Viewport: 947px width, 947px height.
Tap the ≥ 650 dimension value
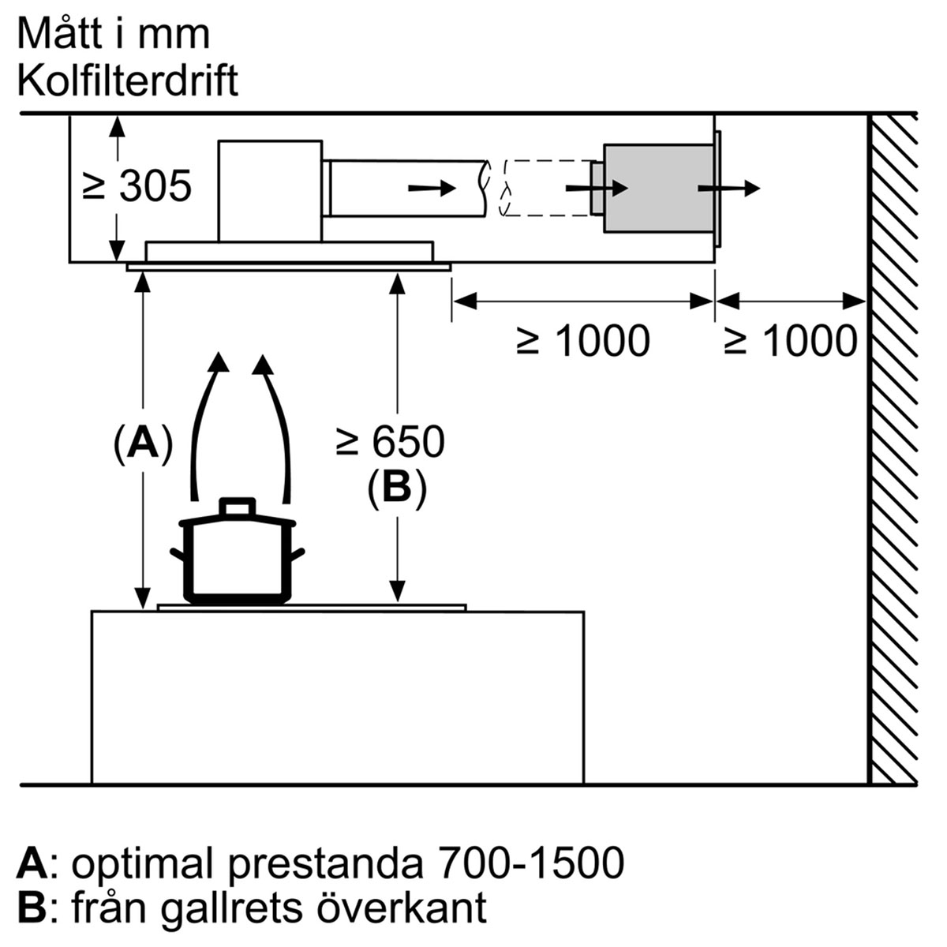click(391, 441)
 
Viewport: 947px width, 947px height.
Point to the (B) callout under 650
click(397, 488)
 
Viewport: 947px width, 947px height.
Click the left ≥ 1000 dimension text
click(583, 340)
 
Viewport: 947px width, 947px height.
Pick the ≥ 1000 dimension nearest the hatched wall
click(791, 340)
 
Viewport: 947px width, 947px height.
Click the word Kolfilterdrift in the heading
click(128, 80)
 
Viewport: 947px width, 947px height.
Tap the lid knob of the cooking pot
click(238, 507)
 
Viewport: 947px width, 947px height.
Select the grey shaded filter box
click(658, 189)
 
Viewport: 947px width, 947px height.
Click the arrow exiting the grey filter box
click(729, 188)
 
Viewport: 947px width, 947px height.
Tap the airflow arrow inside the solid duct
click(432, 188)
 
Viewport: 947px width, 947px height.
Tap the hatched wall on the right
click(893, 449)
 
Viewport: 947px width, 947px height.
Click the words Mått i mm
click(114, 34)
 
